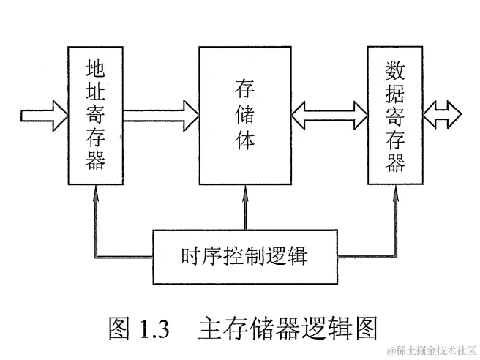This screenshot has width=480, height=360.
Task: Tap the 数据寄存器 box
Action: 395,116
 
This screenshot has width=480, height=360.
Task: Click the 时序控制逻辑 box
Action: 244,256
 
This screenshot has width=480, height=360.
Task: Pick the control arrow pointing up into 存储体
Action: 244,209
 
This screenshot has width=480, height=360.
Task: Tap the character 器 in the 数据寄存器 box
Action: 395,162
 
